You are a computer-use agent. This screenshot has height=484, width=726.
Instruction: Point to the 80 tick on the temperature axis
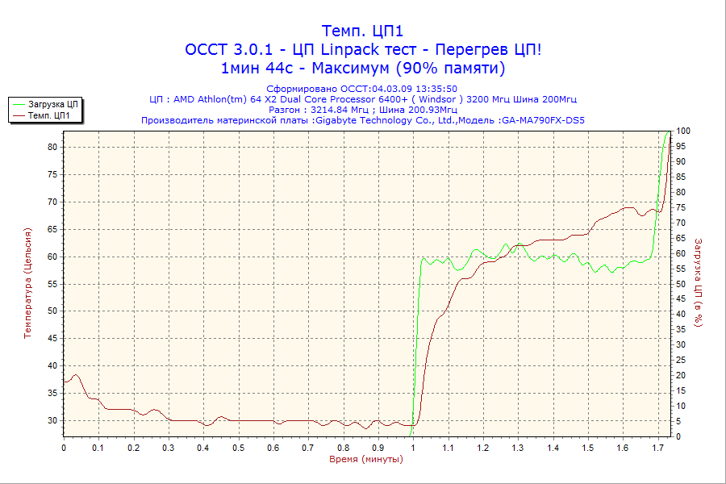[52, 147]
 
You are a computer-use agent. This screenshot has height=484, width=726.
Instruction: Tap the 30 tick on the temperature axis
[52, 420]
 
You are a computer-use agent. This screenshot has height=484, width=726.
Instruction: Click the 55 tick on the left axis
[52, 284]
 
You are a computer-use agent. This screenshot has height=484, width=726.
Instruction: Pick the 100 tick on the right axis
[682, 131]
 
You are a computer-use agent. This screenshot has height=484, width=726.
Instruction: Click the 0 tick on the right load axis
[679, 436]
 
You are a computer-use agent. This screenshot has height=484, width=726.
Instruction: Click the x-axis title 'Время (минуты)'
[365, 460]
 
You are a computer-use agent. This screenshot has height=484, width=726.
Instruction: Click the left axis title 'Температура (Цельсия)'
[29, 282]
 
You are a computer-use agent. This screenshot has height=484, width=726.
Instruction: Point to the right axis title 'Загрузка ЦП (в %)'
[699, 282]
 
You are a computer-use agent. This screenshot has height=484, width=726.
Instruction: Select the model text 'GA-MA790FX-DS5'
[543, 120]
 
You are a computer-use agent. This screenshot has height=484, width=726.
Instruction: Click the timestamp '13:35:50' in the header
[436, 89]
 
